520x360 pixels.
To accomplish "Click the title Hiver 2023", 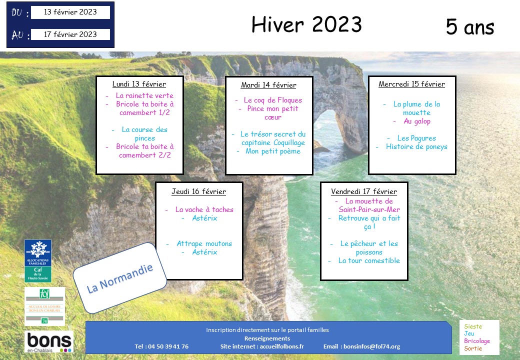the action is (x=306, y=24).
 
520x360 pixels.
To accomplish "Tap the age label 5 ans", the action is (x=470, y=26).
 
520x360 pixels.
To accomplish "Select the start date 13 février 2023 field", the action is (x=70, y=12).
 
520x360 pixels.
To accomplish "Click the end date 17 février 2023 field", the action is (x=70, y=34).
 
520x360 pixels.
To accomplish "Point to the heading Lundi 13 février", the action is (x=139, y=84).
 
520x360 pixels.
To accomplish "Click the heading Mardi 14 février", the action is (x=268, y=85).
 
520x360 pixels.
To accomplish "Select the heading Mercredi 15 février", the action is (x=412, y=84).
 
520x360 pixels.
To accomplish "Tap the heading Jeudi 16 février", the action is (x=198, y=191).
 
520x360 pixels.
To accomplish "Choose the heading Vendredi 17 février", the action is (x=364, y=191).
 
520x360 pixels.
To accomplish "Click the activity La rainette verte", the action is (x=144, y=95).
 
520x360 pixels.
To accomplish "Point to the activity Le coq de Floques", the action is (x=273, y=100).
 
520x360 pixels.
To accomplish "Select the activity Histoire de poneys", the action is (x=416, y=147).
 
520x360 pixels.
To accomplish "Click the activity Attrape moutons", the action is (x=204, y=243).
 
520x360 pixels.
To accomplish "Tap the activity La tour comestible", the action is (x=369, y=260).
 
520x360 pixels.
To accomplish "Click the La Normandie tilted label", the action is (x=119, y=278).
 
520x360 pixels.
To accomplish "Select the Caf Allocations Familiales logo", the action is (x=38, y=261).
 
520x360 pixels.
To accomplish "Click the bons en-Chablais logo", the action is (x=49, y=342).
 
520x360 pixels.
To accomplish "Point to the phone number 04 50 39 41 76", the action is (x=168, y=346).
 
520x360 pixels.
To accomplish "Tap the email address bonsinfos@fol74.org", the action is (x=372, y=346).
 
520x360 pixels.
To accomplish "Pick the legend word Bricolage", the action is (x=477, y=341).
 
